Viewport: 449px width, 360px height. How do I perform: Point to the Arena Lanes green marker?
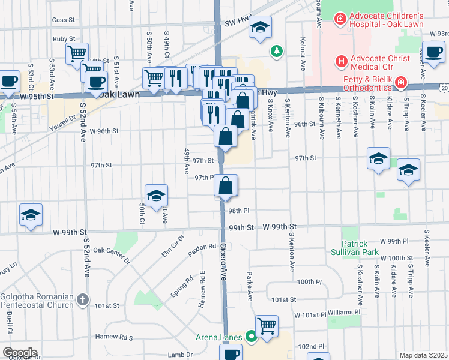point(250,337)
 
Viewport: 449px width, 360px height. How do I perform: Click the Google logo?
point(19,353)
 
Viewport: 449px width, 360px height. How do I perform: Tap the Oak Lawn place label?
point(119,95)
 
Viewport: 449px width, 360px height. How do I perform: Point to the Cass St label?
point(63,20)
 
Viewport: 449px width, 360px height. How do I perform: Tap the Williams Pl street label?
point(344,312)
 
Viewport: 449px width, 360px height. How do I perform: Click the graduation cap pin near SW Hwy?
point(260,27)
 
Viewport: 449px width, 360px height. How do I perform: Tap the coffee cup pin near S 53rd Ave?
point(8,81)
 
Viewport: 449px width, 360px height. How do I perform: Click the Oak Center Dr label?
point(112,254)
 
